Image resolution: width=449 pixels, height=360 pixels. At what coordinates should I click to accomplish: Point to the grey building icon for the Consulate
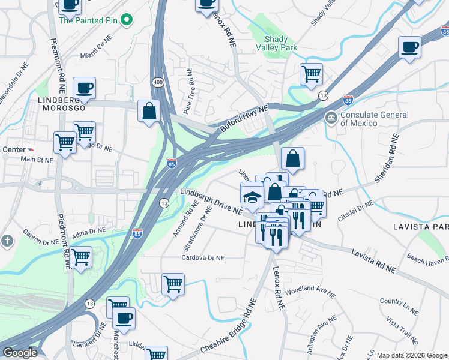coord(331,116)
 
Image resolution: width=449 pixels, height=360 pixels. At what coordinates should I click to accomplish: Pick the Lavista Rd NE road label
coord(373,262)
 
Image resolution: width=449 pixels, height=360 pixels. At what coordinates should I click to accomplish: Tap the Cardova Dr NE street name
coord(203,257)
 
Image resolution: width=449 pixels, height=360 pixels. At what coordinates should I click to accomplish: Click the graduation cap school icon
coord(252,196)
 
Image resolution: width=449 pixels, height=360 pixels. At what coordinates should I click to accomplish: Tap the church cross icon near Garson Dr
coord(7,241)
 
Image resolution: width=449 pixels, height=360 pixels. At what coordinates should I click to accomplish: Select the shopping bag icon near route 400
coord(149,111)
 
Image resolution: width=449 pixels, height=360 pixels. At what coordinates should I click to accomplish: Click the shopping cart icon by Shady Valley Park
coord(311,74)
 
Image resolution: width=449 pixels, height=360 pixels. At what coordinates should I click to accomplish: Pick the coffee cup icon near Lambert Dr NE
coord(124,319)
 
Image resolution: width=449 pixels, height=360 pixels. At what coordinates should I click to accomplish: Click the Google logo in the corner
coord(20,353)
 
